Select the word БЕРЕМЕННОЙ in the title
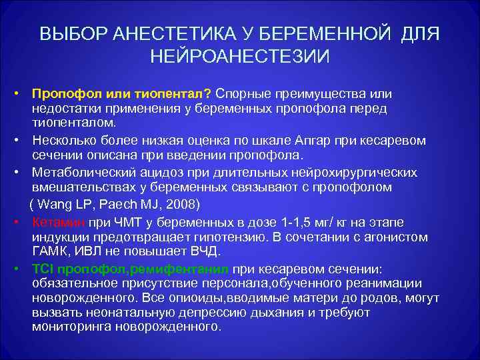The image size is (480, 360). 329,34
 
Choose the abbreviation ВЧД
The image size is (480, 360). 207,251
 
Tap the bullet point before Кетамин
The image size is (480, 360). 21,221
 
